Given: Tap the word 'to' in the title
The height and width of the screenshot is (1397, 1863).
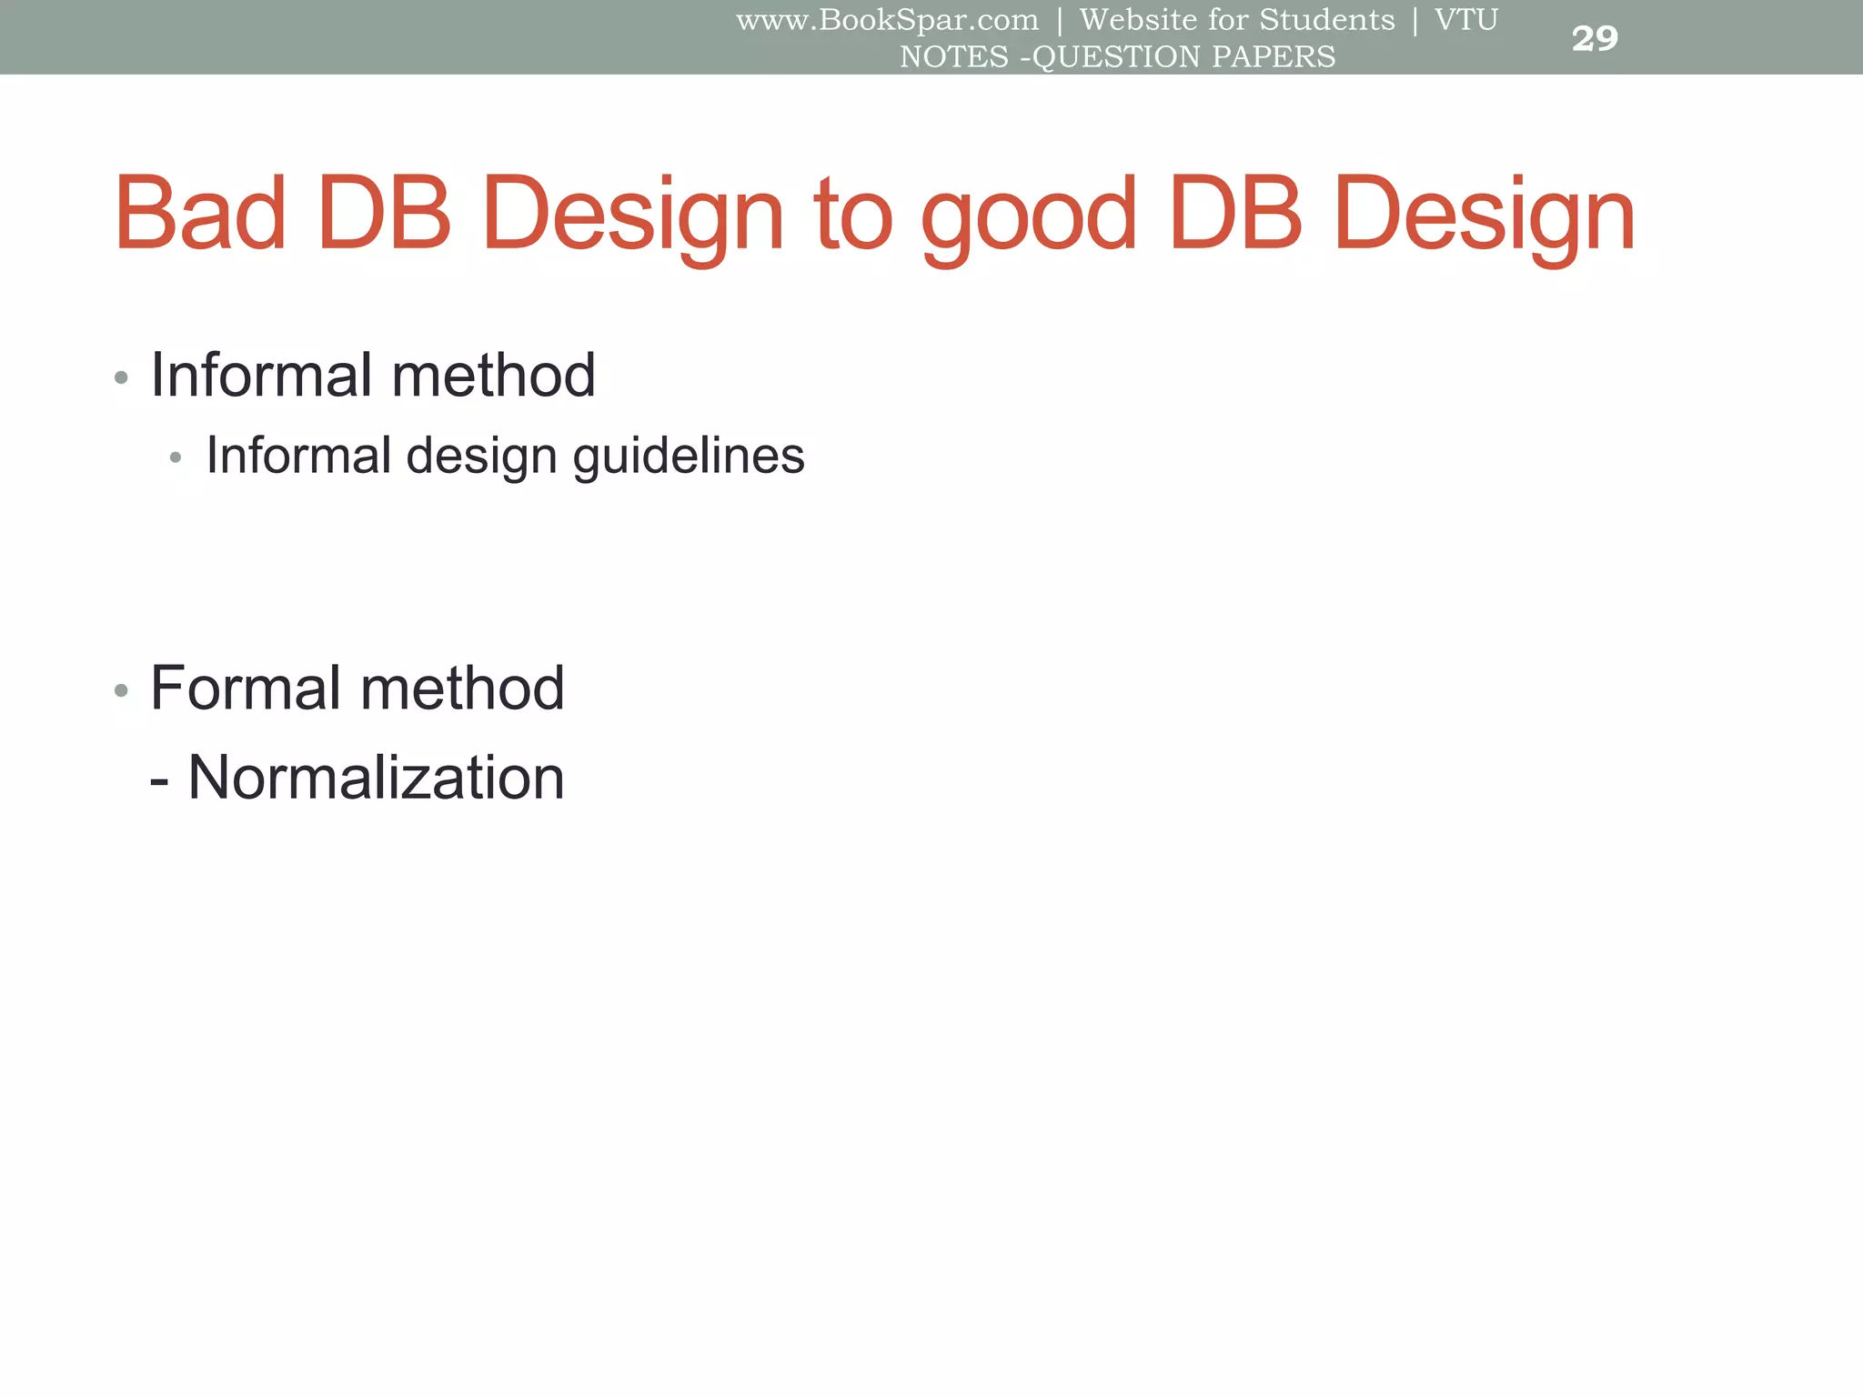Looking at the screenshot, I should click(854, 216).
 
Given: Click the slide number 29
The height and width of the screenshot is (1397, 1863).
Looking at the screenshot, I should click(1595, 39).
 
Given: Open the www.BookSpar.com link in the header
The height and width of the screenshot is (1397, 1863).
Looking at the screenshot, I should click(887, 20).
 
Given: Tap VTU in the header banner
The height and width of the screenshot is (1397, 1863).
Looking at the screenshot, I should click(1465, 20).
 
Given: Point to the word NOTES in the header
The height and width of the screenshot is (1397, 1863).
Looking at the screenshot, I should click(954, 56).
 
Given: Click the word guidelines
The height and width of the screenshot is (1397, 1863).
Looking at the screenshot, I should click(689, 455).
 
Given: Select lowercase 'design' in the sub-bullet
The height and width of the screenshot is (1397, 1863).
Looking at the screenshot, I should click(481, 457).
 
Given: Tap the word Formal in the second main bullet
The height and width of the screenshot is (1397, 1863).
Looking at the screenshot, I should click(247, 688).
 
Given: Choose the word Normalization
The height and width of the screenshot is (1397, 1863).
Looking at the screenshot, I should click(376, 778).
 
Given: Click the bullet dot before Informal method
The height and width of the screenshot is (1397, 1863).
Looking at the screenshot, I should click(121, 377).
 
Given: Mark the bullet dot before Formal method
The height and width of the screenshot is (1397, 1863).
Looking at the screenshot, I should click(121, 691).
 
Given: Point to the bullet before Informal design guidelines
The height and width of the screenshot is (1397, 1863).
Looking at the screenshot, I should click(176, 457).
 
